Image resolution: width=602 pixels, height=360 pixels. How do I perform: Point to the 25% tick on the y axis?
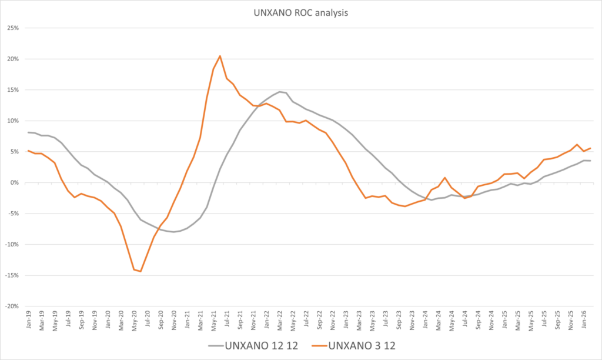[13, 28]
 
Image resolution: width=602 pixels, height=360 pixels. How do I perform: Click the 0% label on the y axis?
[15, 182]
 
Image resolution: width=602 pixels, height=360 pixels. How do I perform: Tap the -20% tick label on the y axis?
[12, 306]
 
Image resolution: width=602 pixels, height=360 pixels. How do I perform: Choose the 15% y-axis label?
[13, 90]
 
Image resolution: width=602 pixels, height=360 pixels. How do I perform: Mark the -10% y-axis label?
[12, 245]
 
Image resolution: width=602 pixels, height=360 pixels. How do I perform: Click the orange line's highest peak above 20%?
[220, 56]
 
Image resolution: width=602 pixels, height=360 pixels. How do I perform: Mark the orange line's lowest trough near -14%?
[141, 271]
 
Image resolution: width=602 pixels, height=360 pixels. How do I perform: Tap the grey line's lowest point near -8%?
[174, 232]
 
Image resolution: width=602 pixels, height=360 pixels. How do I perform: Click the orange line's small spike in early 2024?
[445, 178]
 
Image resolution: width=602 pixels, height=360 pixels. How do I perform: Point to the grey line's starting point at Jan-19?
[28, 132]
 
